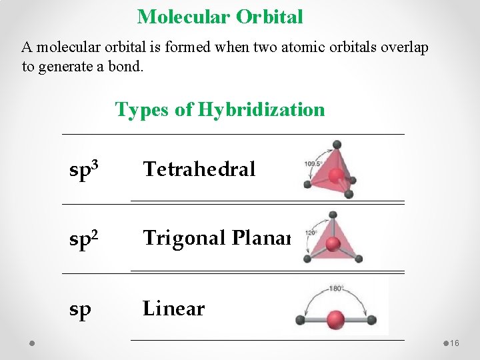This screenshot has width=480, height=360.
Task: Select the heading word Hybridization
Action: coord(261,109)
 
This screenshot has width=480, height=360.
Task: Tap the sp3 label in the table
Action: coord(86,170)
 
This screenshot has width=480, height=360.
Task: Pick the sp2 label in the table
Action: coord(86,239)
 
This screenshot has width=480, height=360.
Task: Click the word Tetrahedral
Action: coord(199,169)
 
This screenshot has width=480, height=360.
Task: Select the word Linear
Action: coord(173,309)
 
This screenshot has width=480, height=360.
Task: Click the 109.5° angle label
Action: coord(313,163)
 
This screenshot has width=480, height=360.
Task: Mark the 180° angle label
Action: coord(337,289)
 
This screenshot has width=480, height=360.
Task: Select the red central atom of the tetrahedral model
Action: coord(338,175)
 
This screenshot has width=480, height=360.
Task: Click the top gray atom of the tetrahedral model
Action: coord(337,144)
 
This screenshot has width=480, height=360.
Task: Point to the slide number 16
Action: coord(455,343)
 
